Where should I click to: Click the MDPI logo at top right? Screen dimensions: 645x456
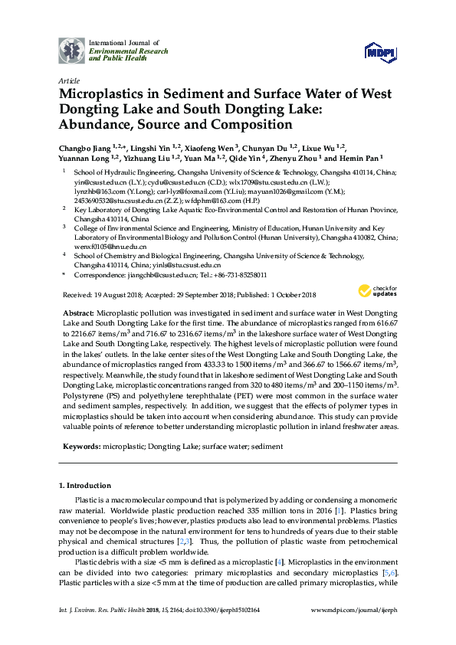click(379, 51)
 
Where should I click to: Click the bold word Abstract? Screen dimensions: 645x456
click(77, 314)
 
